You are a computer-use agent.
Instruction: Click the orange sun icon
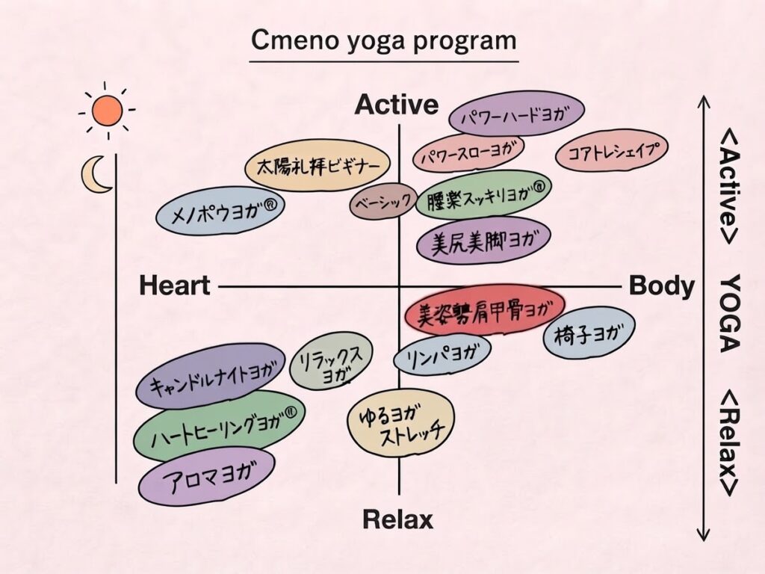(x=108, y=111)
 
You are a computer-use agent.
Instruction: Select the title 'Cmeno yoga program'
(x=383, y=40)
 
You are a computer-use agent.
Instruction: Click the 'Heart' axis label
(x=175, y=286)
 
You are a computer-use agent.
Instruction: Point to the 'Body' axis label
(x=662, y=286)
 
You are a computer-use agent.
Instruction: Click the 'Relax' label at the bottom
(x=397, y=519)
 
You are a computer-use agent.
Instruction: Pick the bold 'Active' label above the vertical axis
(x=397, y=105)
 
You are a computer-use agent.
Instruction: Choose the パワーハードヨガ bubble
(x=517, y=114)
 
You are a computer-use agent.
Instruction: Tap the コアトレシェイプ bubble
(x=612, y=150)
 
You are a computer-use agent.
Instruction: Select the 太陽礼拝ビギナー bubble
(x=318, y=167)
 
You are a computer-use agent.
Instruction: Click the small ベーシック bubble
(x=383, y=201)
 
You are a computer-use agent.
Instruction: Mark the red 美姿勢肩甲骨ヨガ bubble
(x=485, y=310)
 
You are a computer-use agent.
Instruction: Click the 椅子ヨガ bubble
(x=589, y=333)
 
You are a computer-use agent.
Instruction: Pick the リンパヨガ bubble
(x=442, y=355)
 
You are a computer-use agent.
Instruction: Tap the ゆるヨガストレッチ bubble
(x=400, y=423)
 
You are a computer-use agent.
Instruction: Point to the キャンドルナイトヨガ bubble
(x=210, y=376)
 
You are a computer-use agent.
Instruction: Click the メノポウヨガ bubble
(x=220, y=210)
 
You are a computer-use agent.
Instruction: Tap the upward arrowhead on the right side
(x=703, y=102)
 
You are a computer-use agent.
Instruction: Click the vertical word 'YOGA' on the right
(x=731, y=313)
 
